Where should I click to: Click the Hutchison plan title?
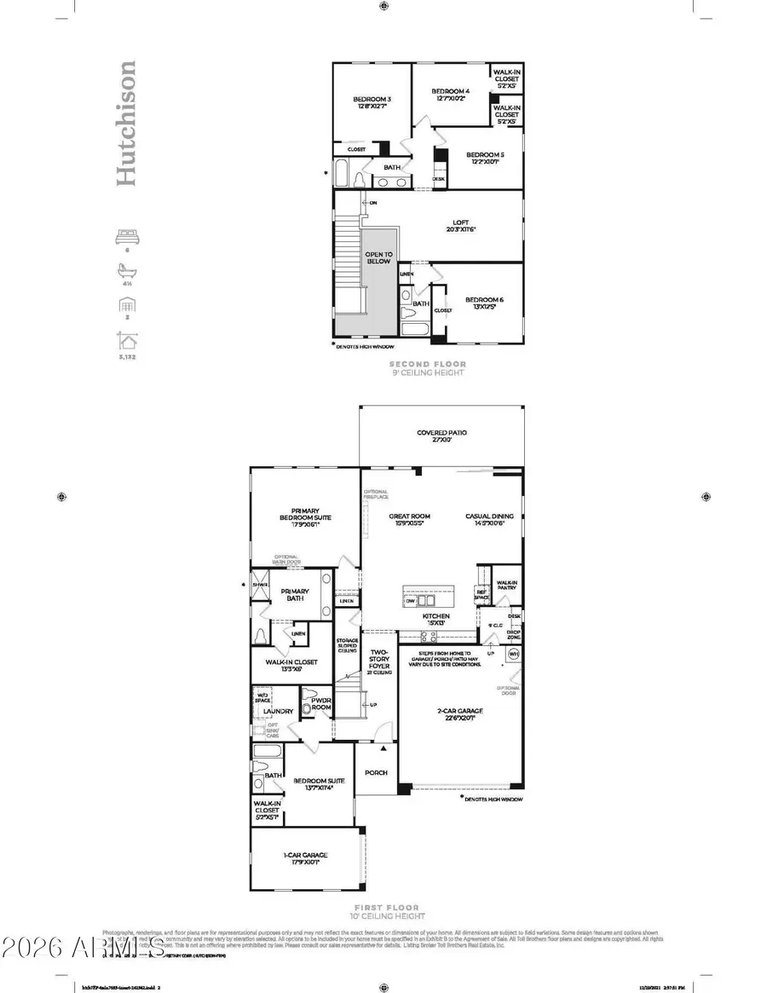coord(125,123)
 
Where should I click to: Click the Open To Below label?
coord(379,257)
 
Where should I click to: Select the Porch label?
coord(376,772)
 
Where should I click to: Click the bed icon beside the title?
coord(125,239)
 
